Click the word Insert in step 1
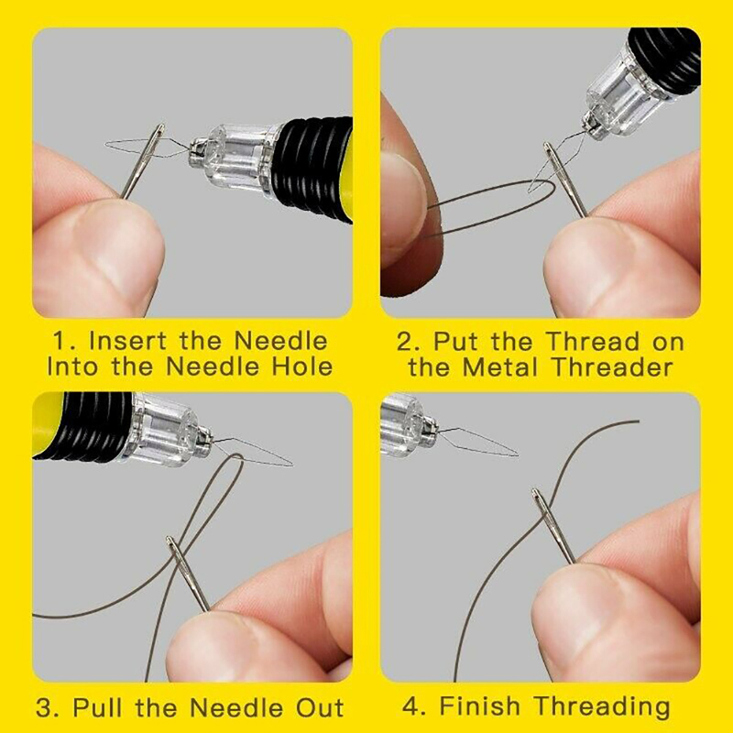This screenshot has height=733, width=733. pyautogui.click(x=127, y=341)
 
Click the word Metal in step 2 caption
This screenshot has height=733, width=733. pyautogui.click(x=500, y=367)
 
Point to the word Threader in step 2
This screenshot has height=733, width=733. pyautogui.click(x=612, y=367)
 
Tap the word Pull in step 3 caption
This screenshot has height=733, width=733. pyautogui.click(x=100, y=707)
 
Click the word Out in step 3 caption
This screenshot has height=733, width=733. pyautogui.click(x=320, y=707)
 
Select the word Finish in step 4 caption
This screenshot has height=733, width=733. pyautogui.click(x=479, y=706)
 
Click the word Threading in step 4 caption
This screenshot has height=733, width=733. pyautogui.click(x=602, y=707)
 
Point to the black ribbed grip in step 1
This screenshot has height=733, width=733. pyautogui.click(x=313, y=165)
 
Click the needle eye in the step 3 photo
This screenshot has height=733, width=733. pyautogui.click(x=174, y=549)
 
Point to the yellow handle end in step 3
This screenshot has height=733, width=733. pyautogui.click(x=47, y=423)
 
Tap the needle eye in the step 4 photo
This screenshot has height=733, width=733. pyautogui.click(x=539, y=501)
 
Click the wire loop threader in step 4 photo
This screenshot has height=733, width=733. pyautogui.click(x=478, y=441)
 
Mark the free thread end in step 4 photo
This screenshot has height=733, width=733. pyautogui.click(x=638, y=421)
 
